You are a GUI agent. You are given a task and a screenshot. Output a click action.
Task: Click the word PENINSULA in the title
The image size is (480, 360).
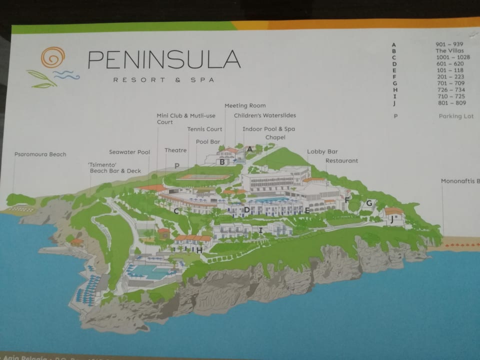pyautogui.click(x=164, y=59)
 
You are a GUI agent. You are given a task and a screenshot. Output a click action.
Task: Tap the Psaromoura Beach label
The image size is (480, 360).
pyautogui.click(x=40, y=154)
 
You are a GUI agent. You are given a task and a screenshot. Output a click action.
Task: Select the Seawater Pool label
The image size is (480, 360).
pyautogui.click(x=129, y=152)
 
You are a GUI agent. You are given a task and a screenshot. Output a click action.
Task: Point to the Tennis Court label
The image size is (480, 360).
pyautogui.click(x=204, y=129)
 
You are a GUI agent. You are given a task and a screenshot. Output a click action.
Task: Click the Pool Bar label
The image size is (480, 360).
pyautogui.click(x=208, y=141)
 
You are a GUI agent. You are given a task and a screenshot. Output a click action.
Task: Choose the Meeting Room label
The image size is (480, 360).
pyautogui.click(x=245, y=105)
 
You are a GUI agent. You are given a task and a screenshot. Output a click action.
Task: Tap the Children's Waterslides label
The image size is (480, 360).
pyautogui.click(x=265, y=115)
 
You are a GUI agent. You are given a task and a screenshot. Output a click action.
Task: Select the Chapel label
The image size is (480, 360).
pyautogui.click(x=275, y=137)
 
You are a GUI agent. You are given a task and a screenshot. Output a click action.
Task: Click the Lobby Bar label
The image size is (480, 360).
pyautogui.click(x=322, y=151)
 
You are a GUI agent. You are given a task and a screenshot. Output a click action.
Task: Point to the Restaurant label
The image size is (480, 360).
pyautogui.click(x=341, y=161)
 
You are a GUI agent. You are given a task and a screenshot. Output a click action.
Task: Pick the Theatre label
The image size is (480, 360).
pyautogui.click(x=175, y=150)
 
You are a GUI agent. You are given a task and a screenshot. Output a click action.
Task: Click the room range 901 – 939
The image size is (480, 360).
pyautogui.click(x=450, y=44)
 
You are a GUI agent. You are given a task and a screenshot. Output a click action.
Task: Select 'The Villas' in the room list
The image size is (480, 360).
pyautogui.click(x=449, y=50)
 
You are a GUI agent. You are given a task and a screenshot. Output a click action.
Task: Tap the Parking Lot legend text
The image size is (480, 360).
pyautogui.click(x=455, y=116)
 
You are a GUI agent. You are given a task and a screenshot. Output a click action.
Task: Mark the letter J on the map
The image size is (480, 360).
pyautogui.click(x=392, y=218)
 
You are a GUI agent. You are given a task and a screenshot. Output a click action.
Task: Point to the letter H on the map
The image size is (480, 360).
pyautogui.click(x=199, y=249)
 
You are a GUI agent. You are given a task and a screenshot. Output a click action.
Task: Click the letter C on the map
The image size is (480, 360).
pyautogui.click(x=176, y=211)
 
